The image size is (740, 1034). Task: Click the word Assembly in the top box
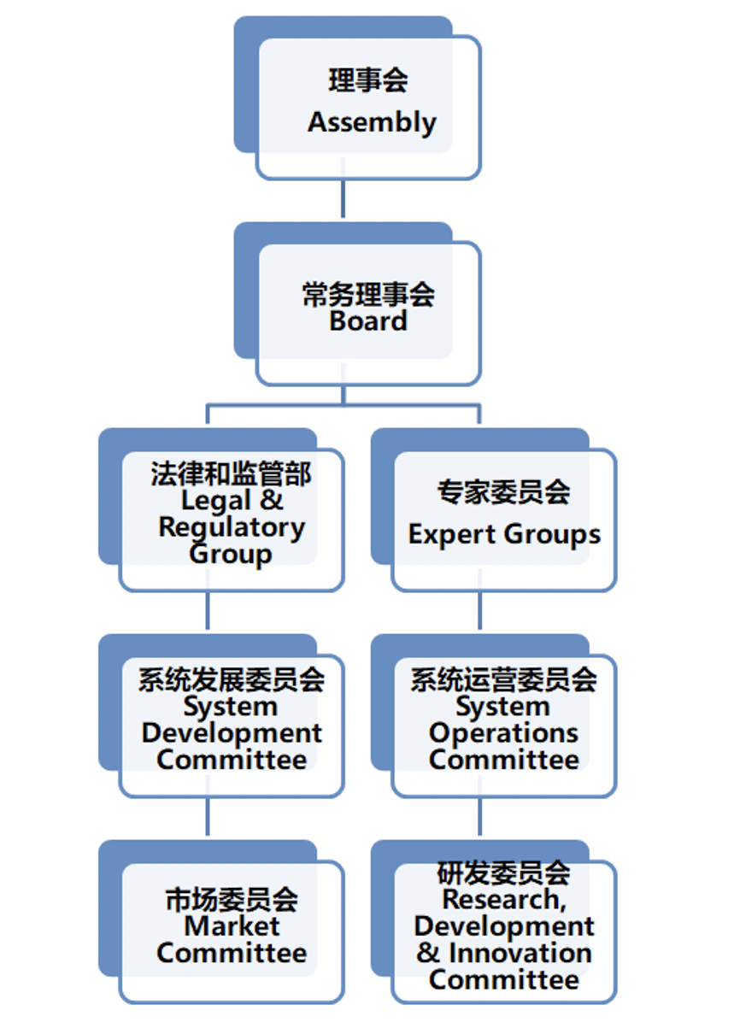click(x=372, y=122)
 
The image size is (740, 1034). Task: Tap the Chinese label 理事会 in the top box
click(x=368, y=81)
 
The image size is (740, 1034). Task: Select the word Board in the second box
click(x=368, y=321)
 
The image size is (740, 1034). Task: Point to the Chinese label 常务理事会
click(x=368, y=295)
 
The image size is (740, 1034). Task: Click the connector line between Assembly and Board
click(x=343, y=199)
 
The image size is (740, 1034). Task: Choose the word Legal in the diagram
click(x=216, y=501)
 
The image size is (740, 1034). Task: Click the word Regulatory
click(x=232, y=527)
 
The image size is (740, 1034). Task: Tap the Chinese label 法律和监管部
click(x=232, y=474)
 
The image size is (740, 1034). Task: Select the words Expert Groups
click(x=504, y=535)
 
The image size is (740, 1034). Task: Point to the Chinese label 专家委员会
click(x=504, y=492)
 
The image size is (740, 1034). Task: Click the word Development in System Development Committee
click(x=232, y=733)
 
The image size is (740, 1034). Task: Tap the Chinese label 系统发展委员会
click(x=232, y=680)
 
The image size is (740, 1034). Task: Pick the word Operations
click(x=504, y=733)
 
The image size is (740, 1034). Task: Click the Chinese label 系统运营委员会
click(x=504, y=680)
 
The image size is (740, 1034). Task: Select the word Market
click(x=232, y=926)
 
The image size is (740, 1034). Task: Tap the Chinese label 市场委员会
click(x=232, y=900)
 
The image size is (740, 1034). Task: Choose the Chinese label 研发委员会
click(x=504, y=873)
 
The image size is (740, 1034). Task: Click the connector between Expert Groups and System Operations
click(x=479, y=611)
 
